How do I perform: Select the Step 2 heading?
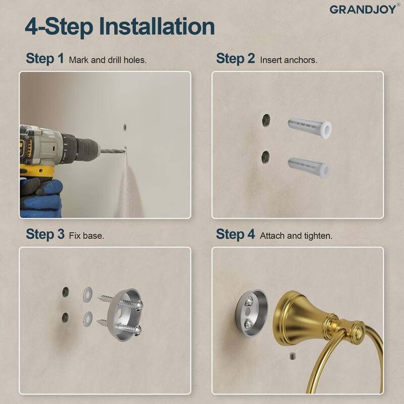tap(235, 59)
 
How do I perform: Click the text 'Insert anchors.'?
tap(288, 60)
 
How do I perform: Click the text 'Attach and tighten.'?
tap(296, 236)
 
